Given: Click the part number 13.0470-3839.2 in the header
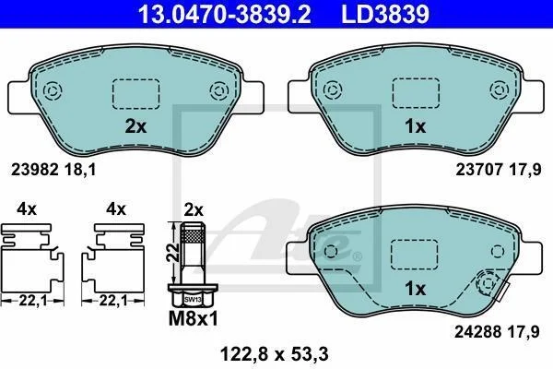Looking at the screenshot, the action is click(x=225, y=14).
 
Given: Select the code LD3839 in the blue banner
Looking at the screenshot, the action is click(x=385, y=14).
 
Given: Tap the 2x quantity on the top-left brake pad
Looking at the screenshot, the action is click(x=135, y=126).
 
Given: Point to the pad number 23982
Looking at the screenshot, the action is click(x=34, y=170).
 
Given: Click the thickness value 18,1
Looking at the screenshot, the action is click(x=80, y=170).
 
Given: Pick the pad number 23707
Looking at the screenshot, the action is click(x=479, y=170).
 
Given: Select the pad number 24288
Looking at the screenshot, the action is click(x=477, y=331).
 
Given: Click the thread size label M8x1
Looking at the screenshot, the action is click(x=194, y=318).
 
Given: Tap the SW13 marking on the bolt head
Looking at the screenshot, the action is click(x=193, y=300).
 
